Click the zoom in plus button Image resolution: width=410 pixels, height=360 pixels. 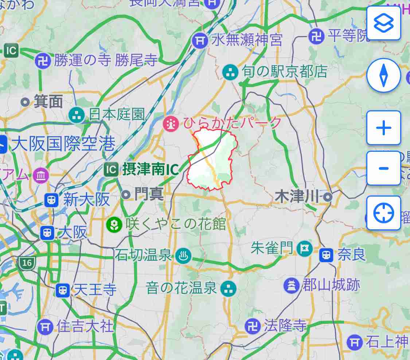pos(383,128)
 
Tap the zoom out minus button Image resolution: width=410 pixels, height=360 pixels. pos(383,168)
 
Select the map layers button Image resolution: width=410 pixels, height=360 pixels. pos(383,23)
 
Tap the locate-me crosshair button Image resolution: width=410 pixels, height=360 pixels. pos(383,213)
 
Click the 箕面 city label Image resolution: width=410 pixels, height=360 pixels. pos(48,102)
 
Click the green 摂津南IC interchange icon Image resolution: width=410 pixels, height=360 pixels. pos(111,169)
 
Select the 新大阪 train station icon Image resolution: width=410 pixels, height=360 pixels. pos(52,199)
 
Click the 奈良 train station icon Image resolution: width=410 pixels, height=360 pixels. pos(326,255)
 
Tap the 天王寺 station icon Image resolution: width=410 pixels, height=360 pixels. pos(63,290)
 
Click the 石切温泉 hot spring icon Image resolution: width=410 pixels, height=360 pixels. pos(181,256)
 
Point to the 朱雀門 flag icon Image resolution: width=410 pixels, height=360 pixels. pos(304,249)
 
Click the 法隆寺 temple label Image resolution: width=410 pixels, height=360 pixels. pos(285,326)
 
